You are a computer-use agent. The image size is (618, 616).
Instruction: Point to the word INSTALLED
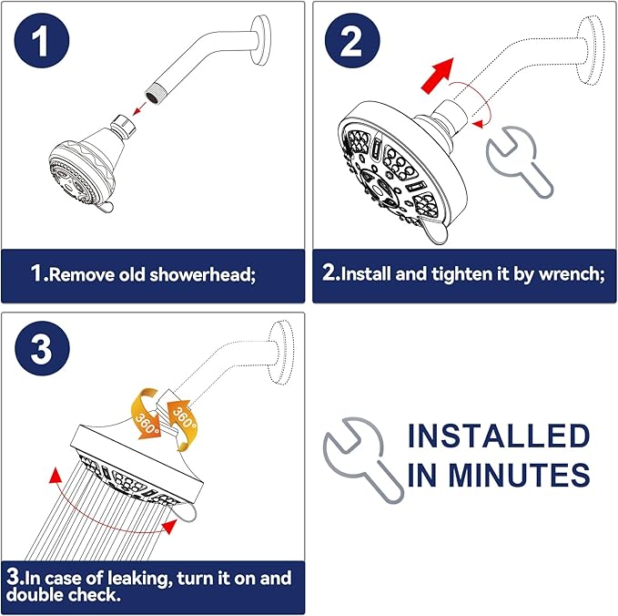pos(498,436)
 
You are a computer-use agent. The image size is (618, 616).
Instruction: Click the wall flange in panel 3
pos(287,349)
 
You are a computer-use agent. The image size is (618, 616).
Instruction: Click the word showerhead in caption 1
pos(203,274)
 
